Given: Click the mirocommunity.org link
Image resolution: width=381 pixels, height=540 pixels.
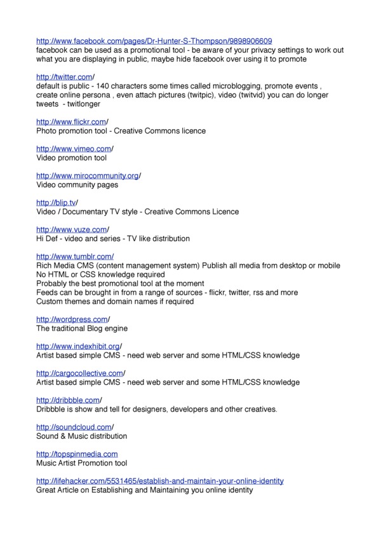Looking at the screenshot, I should (x=87, y=176).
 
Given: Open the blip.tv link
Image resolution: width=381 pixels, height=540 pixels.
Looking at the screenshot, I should (x=55, y=202).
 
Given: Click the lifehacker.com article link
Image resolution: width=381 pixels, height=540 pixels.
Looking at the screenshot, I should (x=159, y=481).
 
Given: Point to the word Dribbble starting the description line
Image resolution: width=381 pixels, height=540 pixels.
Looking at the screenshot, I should (x=52, y=409).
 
